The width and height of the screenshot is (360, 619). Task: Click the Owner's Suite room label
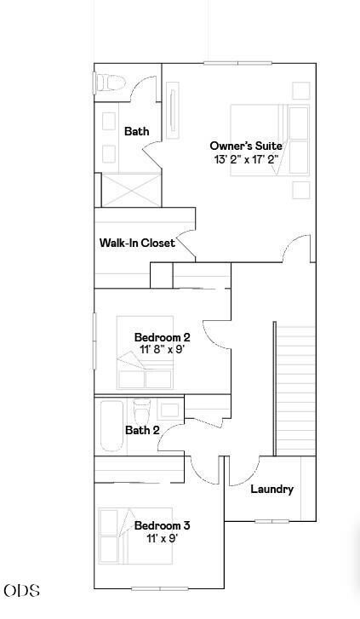246,146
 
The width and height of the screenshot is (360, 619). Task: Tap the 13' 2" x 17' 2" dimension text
246,159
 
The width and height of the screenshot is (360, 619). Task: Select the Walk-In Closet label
137,243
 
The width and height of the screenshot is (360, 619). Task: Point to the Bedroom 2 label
163,337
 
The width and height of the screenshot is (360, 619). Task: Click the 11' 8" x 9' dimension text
163,349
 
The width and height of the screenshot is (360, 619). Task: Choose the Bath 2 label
142,430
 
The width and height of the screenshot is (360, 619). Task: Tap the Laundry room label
272,489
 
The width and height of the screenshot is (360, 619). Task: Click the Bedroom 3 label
163,525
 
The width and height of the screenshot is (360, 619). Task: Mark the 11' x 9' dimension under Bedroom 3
163,537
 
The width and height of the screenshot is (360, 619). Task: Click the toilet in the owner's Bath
110,83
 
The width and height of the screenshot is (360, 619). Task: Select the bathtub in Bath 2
111,426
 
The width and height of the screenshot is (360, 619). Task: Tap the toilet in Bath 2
142,412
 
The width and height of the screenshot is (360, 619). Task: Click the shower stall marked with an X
131,190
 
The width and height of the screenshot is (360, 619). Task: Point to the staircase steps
295,390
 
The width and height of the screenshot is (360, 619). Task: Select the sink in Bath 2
169,410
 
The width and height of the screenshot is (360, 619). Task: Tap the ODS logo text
22,591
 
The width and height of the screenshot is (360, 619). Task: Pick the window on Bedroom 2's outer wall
94,341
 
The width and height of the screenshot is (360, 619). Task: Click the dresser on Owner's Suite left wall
173,110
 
